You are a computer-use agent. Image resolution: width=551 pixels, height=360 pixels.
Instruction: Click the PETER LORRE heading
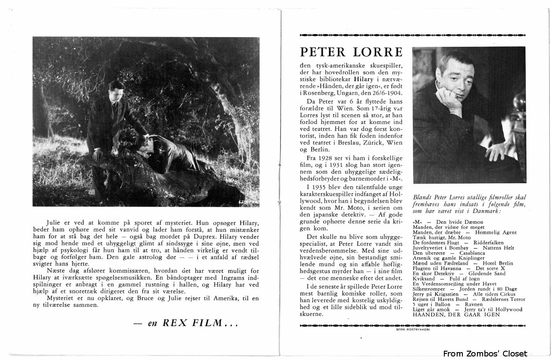pyautogui.click(x=351, y=52)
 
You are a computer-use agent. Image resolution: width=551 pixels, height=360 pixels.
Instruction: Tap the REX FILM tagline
pyautogui.click(x=186, y=323)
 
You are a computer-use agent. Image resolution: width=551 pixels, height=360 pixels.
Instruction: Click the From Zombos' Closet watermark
pyautogui.click(x=485, y=353)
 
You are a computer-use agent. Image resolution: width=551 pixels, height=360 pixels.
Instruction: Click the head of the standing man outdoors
pyautogui.click(x=117, y=90)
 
